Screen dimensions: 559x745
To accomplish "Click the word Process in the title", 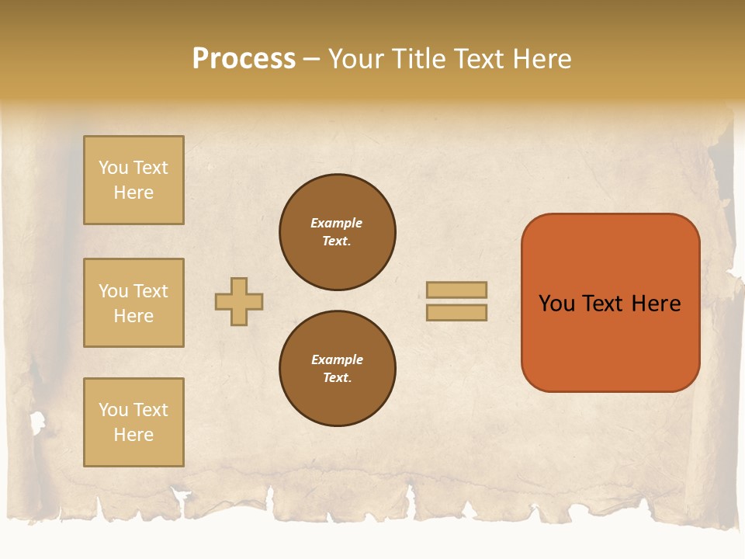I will pos(244,59).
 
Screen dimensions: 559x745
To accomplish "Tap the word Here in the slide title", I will pos(539,59).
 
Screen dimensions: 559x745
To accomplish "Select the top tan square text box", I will pos(133,180).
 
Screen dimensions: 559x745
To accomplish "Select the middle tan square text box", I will pos(133,303).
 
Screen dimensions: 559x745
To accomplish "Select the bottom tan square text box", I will pos(133,422).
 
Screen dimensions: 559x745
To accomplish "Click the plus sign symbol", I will pos(239,301).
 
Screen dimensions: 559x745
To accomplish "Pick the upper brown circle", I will pos(338,232).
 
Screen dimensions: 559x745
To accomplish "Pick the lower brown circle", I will pos(338,369).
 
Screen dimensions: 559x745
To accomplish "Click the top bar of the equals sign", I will pos(457,290).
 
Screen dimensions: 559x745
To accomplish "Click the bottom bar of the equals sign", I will pos(457,312).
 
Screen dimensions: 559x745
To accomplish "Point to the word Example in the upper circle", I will pos(336,223).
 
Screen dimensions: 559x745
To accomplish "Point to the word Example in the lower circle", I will pos(337,359).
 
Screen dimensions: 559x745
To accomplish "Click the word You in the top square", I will pos(113,168).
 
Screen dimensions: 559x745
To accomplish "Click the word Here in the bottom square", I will pos(133,435).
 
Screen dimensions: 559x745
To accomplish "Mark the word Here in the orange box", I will pos(656,304).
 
